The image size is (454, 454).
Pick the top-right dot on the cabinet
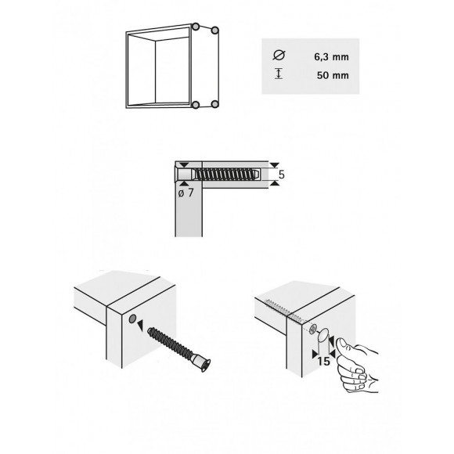pyautogui.click(x=214, y=31)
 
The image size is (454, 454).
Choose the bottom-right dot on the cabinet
pyautogui.click(x=214, y=103)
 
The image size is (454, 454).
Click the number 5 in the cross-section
pyautogui.click(x=279, y=175)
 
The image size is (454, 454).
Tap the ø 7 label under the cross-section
pyautogui.click(x=186, y=193)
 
